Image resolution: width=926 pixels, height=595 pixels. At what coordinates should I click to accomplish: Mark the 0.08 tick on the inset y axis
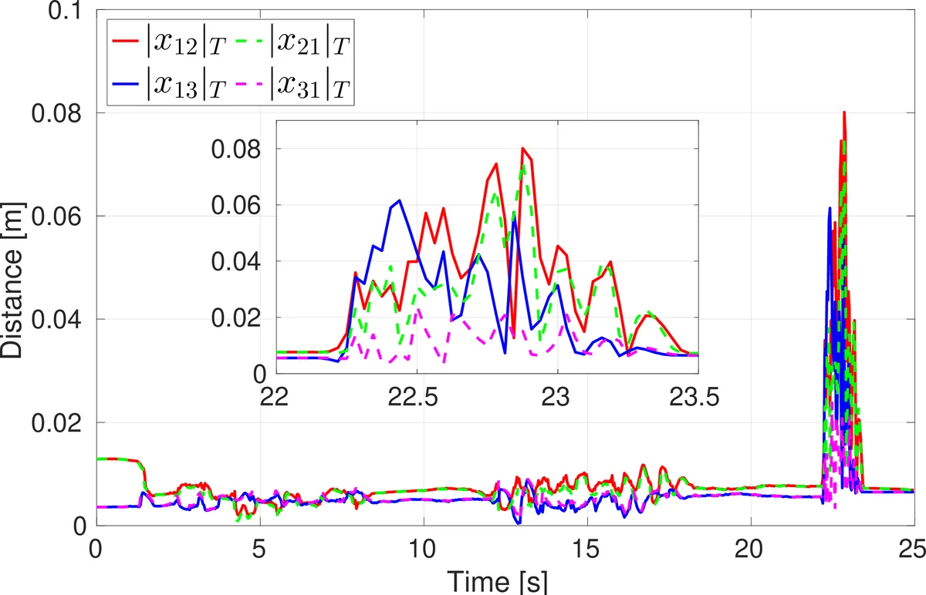pyautogui.click(x=239, y=150)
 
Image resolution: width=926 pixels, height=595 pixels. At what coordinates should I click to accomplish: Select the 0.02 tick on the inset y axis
pyautogui.click(x=239, y=318)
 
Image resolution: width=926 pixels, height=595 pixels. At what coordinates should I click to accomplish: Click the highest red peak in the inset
pyautogui.click(x=522, y=148)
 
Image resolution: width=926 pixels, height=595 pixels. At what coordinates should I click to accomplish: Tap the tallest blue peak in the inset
pyautogui.click(x=399, y=200)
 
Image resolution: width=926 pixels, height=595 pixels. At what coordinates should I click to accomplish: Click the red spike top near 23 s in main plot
pyautogui.click(x=844, y=113)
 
